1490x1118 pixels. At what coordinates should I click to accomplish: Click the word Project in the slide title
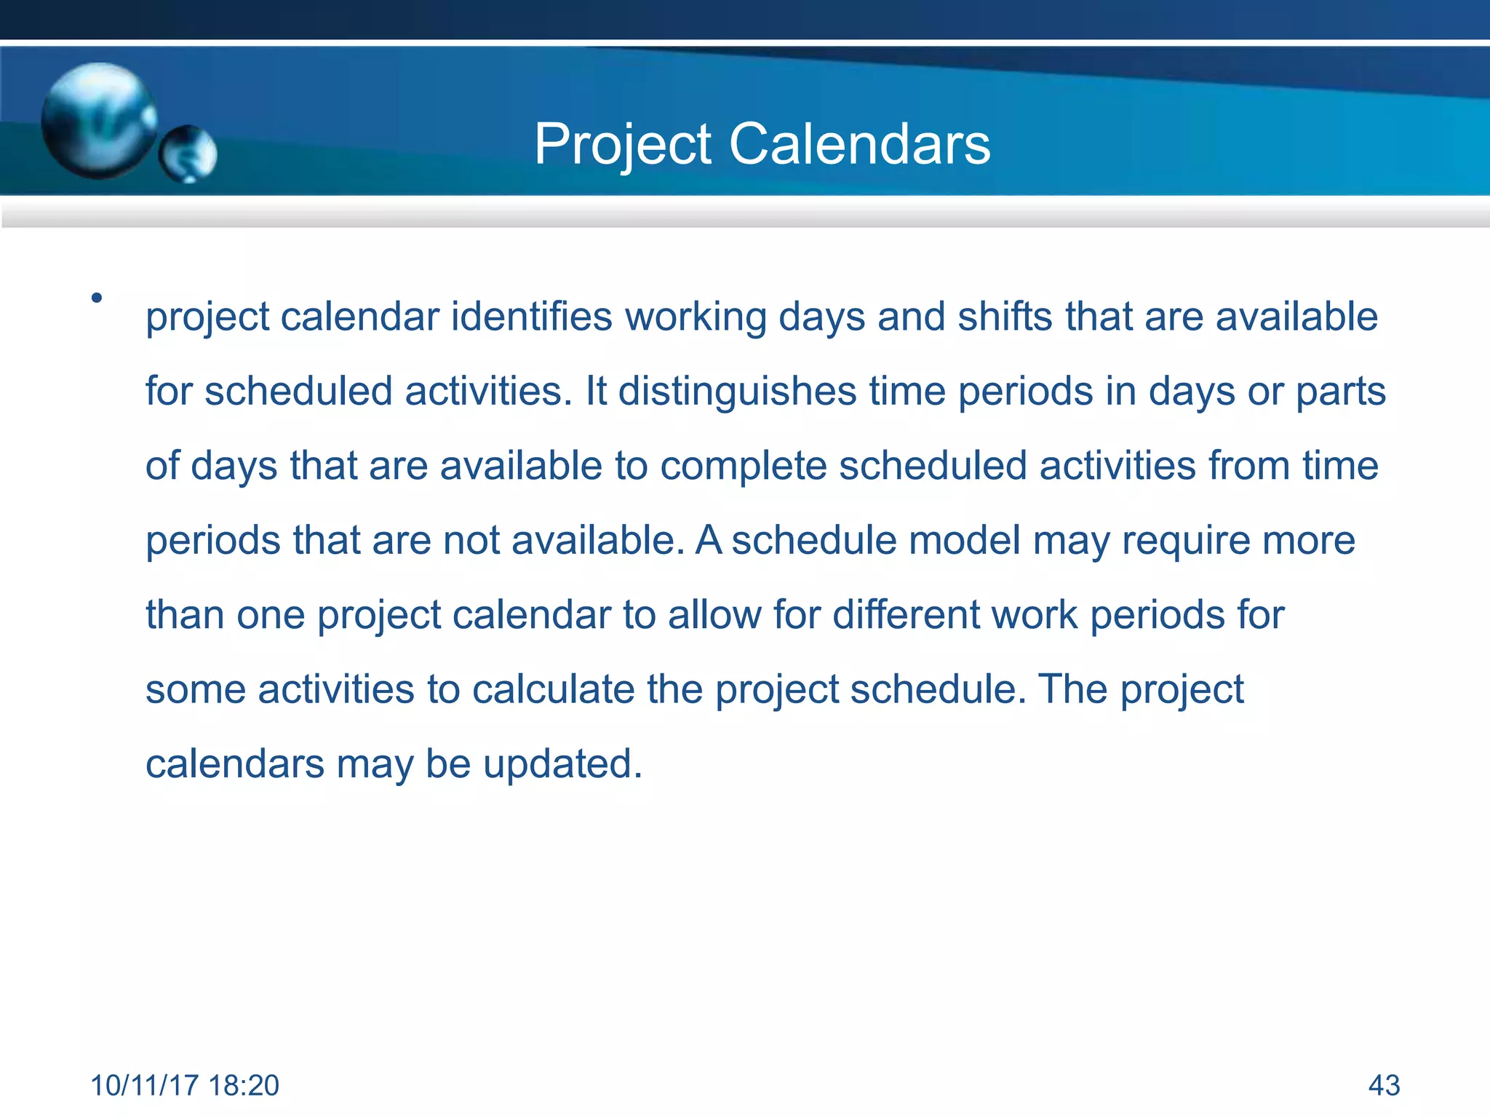tap(623, 145)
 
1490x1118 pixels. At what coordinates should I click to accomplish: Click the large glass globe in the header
tap(98, 120)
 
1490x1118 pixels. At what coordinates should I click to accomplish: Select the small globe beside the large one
tap(188, 154)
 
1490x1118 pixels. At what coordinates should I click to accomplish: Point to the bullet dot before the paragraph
tap(97, 298)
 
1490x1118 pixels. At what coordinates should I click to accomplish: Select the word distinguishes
tap(737, 392)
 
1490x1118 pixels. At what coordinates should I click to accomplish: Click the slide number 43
tap(1384, 1085)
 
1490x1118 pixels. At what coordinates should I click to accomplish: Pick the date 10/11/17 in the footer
tap(144, 1085)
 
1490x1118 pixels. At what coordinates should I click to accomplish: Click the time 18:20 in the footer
tap(243, 1085)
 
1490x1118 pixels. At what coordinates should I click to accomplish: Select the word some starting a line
tap(196, 690)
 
